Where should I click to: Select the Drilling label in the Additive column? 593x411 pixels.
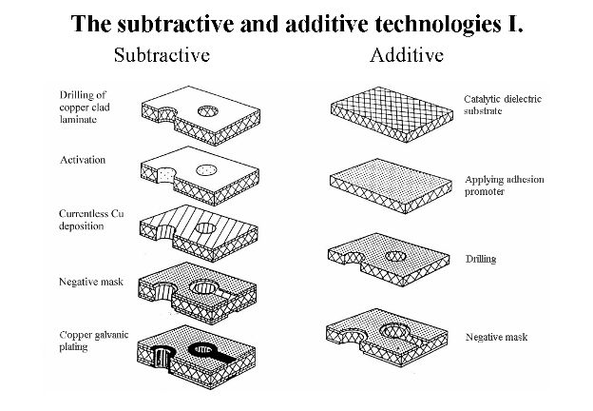482,258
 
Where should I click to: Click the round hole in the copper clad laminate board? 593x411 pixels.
208,111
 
